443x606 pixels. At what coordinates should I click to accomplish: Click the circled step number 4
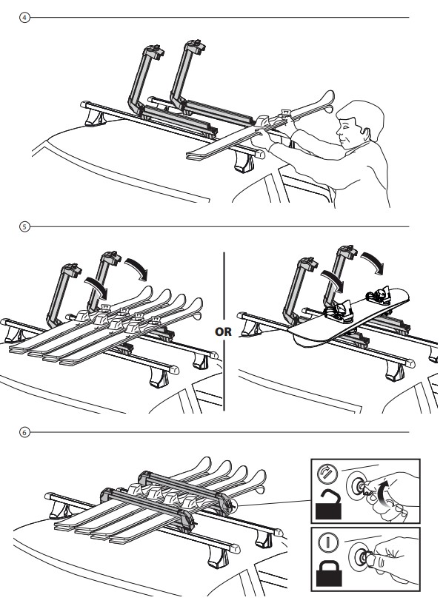point(24,18)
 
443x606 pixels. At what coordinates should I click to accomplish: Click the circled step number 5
point(24,226)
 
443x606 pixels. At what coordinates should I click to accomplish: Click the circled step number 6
point(24,432)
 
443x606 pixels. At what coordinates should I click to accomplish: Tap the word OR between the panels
point(223,331)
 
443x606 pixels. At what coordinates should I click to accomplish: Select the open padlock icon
point(328,504)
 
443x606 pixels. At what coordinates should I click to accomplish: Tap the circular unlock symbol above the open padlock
point(327,474)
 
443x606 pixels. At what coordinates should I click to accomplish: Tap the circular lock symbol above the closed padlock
point(327,542)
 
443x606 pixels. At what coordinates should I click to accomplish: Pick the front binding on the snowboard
point(340,311)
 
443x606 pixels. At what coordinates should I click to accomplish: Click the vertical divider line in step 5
point(224,331)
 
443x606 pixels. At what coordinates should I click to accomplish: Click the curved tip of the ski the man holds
point(327,101)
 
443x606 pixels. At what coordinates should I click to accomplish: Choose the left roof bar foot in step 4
point(96,118)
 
